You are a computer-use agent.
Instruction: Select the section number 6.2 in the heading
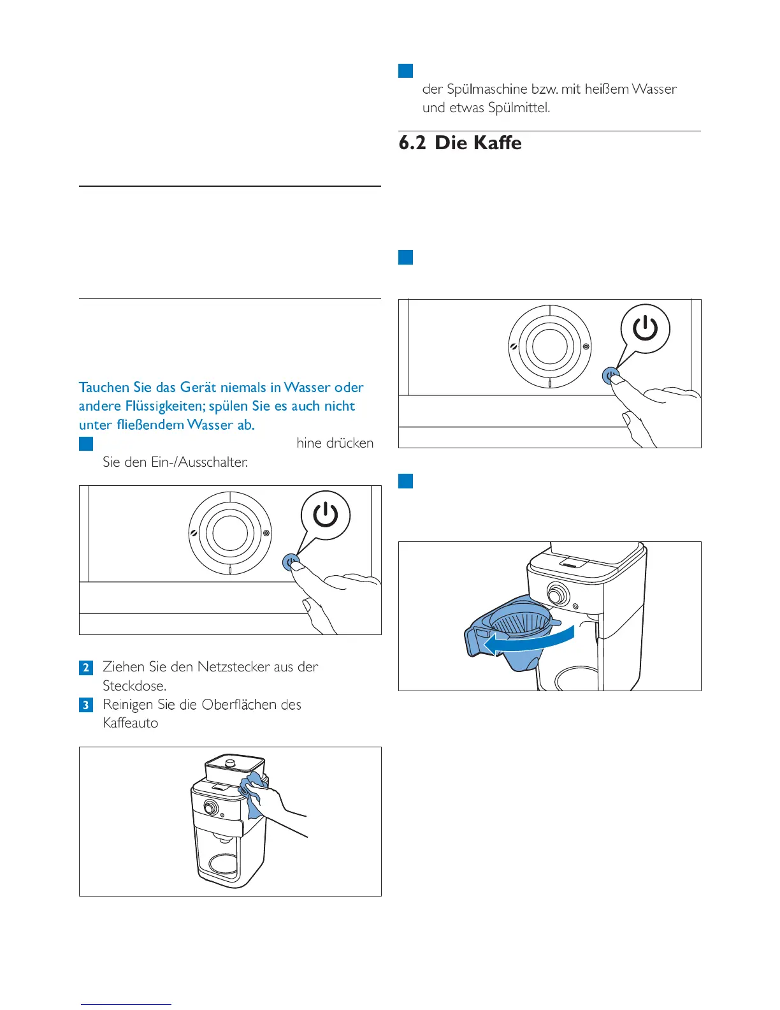coord(412,143)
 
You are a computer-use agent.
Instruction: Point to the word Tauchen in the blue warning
coord(104,388)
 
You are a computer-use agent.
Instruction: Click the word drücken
coord(350,443)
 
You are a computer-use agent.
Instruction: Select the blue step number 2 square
coord(86,668)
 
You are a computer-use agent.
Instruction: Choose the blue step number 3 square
coord(86,705)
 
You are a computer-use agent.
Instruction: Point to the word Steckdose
coord(134,686)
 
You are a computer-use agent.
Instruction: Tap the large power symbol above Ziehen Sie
coord(325,515)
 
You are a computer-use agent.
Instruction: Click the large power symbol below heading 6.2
coord(645,328)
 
